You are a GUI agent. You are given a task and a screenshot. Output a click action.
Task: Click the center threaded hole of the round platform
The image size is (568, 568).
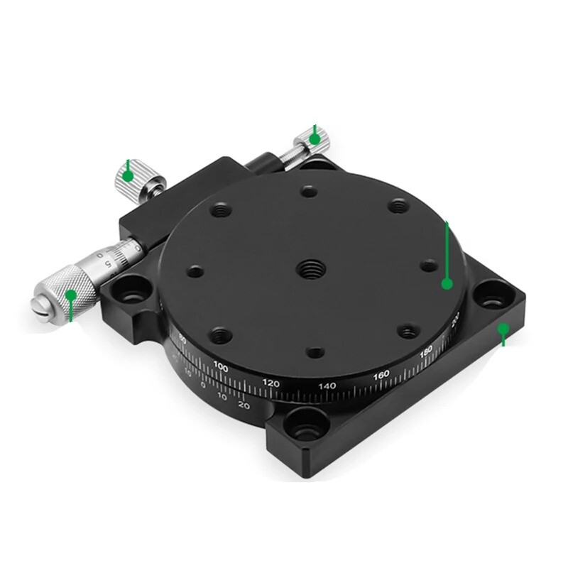(x=311, y=268)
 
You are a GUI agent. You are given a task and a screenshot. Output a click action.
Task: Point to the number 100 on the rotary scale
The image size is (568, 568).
(x=221, y=368)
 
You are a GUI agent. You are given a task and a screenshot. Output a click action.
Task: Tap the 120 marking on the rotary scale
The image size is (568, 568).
(x=271, y=383)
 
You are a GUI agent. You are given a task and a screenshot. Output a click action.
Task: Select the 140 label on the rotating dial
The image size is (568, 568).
(x=327, y=386)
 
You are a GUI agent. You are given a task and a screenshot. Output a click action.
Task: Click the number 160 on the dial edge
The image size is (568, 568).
(x=381, y=374)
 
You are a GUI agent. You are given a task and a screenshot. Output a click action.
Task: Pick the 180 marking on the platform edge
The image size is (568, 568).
(x=426, y=351)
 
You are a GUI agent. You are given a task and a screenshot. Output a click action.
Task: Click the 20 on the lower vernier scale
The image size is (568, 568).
(x=243, y=405)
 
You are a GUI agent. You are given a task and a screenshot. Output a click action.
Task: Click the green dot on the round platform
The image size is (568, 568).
(x=447, y=283)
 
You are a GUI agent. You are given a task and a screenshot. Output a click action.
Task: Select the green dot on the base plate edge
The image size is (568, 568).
(x=503, y=329)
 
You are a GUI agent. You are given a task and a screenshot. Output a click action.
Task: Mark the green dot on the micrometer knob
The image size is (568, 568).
(x=70, y=294)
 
